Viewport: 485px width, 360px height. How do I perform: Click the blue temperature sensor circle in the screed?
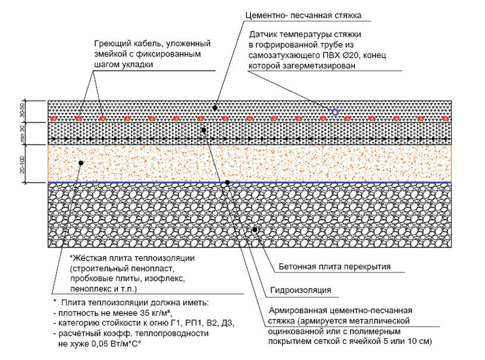[335, 111]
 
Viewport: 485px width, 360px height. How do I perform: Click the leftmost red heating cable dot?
[54, 119]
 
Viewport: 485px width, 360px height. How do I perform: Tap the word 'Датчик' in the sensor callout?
[263, 35]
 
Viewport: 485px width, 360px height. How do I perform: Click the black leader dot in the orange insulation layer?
[80, 162]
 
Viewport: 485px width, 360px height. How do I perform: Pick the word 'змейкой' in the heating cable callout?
[110, 54]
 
